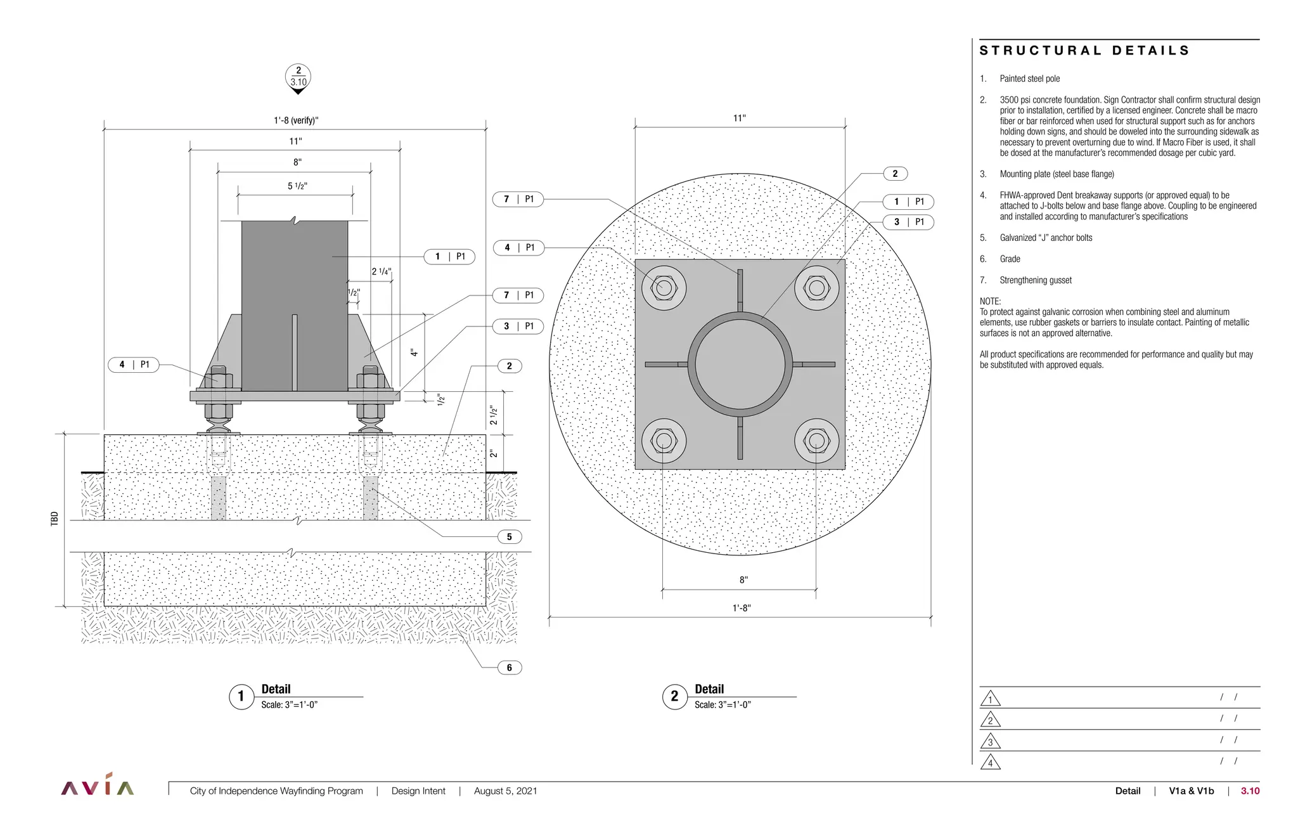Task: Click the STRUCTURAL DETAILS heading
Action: [1084, 51]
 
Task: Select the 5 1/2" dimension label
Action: [297, 186]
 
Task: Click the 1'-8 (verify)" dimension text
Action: [296, 120]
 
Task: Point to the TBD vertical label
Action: [55, 519]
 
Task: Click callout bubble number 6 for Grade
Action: [509, 668]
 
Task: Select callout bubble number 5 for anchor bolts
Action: [509, 537]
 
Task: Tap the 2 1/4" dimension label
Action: [381, 271]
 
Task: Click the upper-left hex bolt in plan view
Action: [664, 288]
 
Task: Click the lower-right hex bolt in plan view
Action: [816, 440]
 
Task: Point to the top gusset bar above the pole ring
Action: [740, 290]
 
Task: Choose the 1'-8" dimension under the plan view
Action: [741, 608]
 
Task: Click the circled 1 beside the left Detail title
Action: [241, 697]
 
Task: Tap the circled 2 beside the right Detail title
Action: [674, 697]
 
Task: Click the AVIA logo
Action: [98, 786]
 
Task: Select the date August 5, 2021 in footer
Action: [505, 791]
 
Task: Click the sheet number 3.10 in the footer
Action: [1250, 791]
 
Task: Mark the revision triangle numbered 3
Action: [990, 741]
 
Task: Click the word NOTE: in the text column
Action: [990, 301]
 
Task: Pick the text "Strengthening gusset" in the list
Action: [1036, 280]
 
